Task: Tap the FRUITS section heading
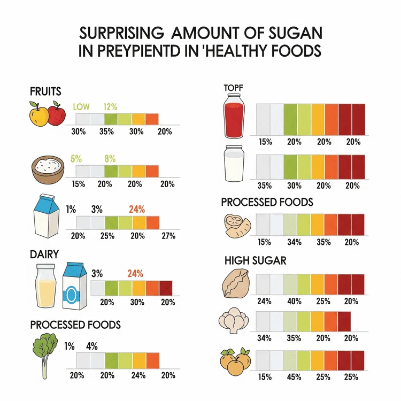(x=46, y=91)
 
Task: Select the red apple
(x=56, y=113)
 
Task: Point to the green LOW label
(x=81, y=106)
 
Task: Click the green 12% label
(x=110, y=106)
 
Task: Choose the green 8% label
(x=110, y=158)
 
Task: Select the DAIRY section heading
(x=44, y=255)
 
